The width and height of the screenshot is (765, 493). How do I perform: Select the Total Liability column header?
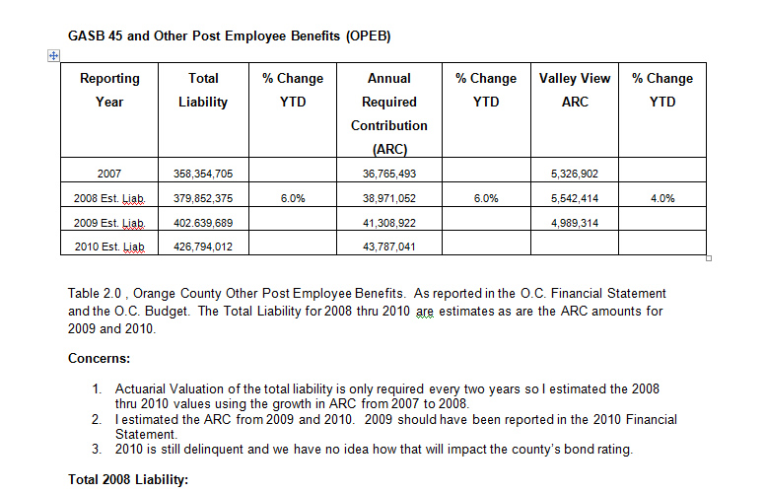(203, 90)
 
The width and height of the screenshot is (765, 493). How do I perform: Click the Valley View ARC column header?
(575, 90)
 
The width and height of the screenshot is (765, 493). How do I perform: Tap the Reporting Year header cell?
(109, 90)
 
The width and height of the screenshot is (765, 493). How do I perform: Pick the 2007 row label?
(109, 174)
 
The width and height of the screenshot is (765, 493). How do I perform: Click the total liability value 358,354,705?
(203, 174)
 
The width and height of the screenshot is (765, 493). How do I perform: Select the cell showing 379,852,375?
(203, 198)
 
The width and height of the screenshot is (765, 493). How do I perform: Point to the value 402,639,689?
(203, 223)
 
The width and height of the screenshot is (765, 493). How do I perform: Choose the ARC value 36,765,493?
(389, 174)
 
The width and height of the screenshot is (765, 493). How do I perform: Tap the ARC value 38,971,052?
(389, 198)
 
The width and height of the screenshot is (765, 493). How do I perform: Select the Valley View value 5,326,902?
(575, 174)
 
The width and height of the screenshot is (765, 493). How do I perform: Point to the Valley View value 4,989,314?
(575, 223)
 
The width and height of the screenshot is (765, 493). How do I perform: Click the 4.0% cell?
(662, 198)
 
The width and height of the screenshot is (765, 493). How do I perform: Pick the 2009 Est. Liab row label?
(109, 223)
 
